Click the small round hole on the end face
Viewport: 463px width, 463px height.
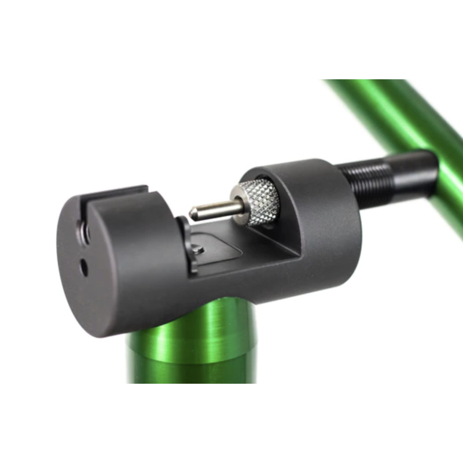pos(84,267)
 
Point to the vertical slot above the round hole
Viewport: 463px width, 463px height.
pos(86,229)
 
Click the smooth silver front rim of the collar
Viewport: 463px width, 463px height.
pos(237,202)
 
